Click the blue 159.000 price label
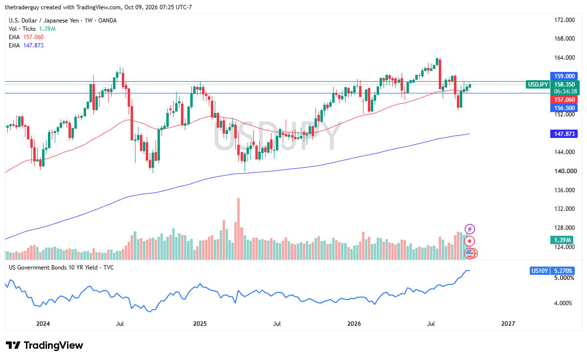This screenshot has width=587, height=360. [564, 76]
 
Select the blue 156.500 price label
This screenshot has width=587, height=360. [564, 108]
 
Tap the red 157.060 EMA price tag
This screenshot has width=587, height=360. [564, 100]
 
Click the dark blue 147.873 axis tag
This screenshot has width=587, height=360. [564, 134]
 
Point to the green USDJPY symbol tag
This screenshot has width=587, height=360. [538, 84]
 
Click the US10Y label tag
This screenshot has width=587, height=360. [539, 270]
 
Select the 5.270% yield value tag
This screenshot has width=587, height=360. [563, 270]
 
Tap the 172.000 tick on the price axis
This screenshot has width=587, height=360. [564, 20]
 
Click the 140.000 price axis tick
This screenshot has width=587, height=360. [565, 171]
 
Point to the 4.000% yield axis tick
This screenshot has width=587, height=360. [563, 303]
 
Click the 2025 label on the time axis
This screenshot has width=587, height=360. [200, 324]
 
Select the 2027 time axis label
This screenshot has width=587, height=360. [508, 324]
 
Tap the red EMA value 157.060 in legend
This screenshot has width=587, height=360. [34, 37]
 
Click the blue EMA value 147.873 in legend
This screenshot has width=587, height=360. [34, 45]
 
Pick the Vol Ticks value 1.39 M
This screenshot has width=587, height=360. [47, 28]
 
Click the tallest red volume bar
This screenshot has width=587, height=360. [239, 229]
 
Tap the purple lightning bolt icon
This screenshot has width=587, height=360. [470, 229]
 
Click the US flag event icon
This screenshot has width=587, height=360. [470, 253]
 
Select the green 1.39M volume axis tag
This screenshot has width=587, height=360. [562, 240]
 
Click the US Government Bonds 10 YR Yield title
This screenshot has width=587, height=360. [53, 268]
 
